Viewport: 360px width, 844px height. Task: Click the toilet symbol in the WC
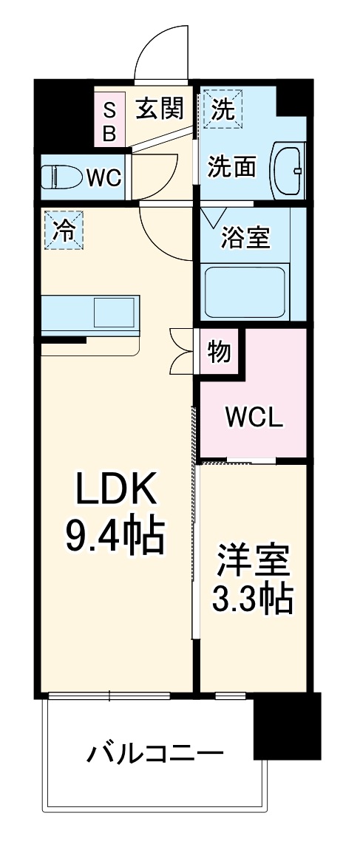pos(62,177)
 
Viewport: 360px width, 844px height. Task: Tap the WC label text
pos(103,178)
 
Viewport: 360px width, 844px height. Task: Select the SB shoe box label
pos(109,121)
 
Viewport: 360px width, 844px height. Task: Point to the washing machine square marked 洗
pos(223,109)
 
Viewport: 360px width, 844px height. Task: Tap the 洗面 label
pos(231,167)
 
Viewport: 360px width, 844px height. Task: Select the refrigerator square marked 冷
pos(63,230)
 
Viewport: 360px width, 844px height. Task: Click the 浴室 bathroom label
pos(245,238)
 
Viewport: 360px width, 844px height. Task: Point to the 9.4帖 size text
pos(115,537)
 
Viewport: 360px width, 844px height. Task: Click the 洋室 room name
pos(252,562)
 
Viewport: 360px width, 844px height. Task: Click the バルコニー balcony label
pos(154,754)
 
